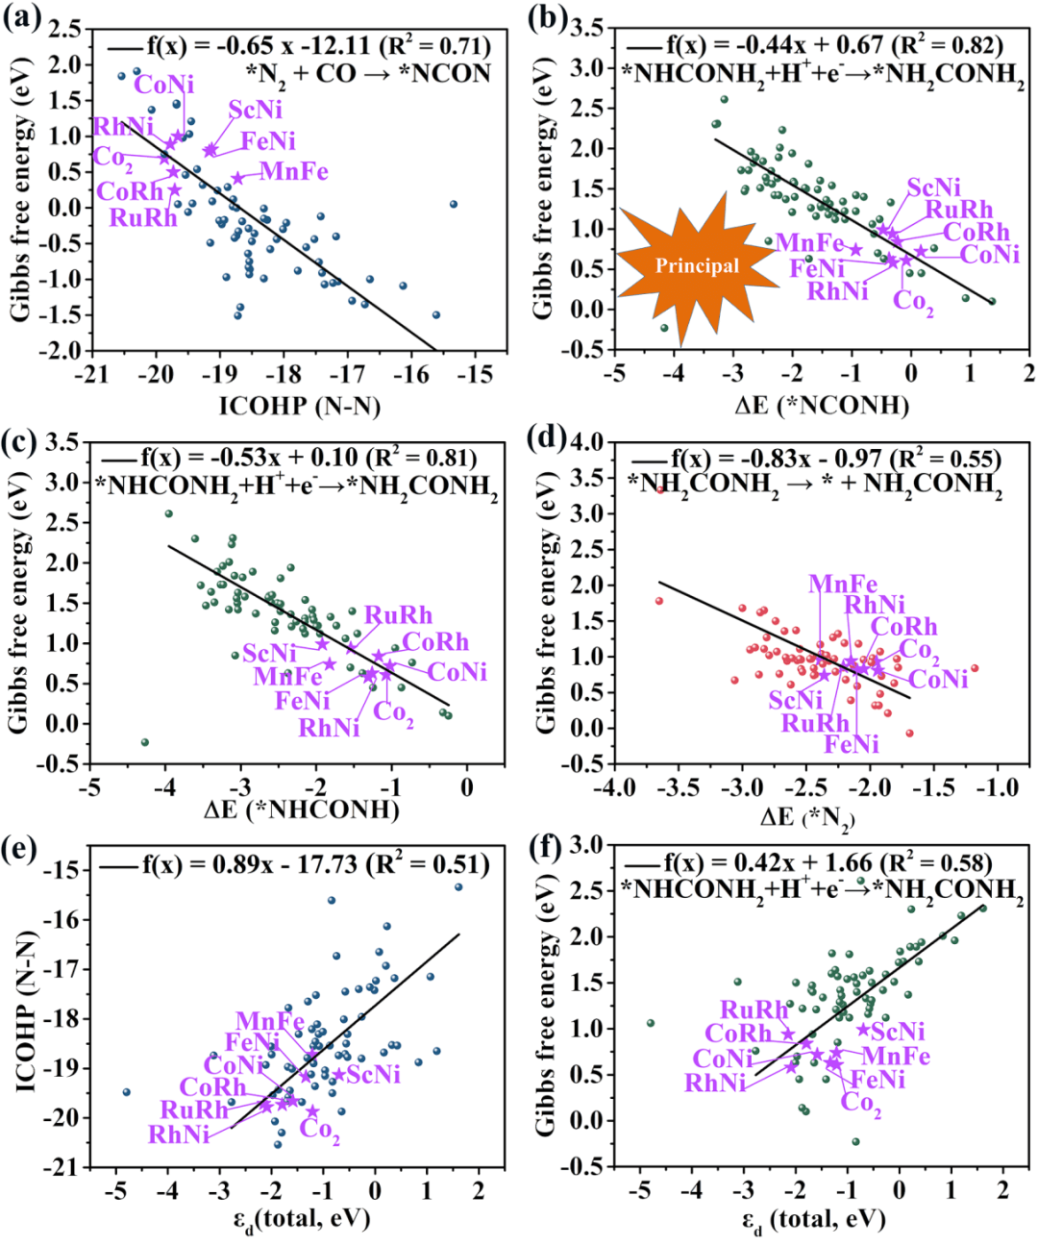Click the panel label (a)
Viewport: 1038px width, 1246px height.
(22, 18)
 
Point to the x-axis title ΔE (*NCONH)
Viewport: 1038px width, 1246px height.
(822, 405)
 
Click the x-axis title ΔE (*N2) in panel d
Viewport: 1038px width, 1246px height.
(807, 817)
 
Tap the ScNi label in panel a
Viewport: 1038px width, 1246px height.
(256, 110)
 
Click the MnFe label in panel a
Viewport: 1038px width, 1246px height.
(294, 172)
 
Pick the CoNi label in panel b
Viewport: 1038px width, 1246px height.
(990, 255)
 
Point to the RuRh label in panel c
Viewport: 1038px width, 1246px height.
(399, 615)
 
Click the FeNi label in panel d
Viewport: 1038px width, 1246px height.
(852, 744)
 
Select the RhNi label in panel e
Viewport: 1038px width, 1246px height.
(179, 1135)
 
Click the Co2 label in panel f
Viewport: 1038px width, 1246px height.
(861, 1103)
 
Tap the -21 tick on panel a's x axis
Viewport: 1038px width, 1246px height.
(90, 374)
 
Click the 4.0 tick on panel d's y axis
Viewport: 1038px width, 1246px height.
(587, 442)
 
